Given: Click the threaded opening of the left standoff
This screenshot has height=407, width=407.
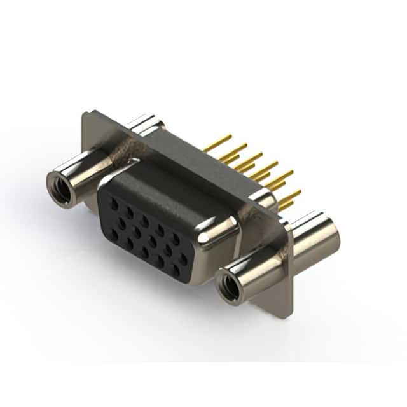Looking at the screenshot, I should pyautogui.click(x=62, y=190).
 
